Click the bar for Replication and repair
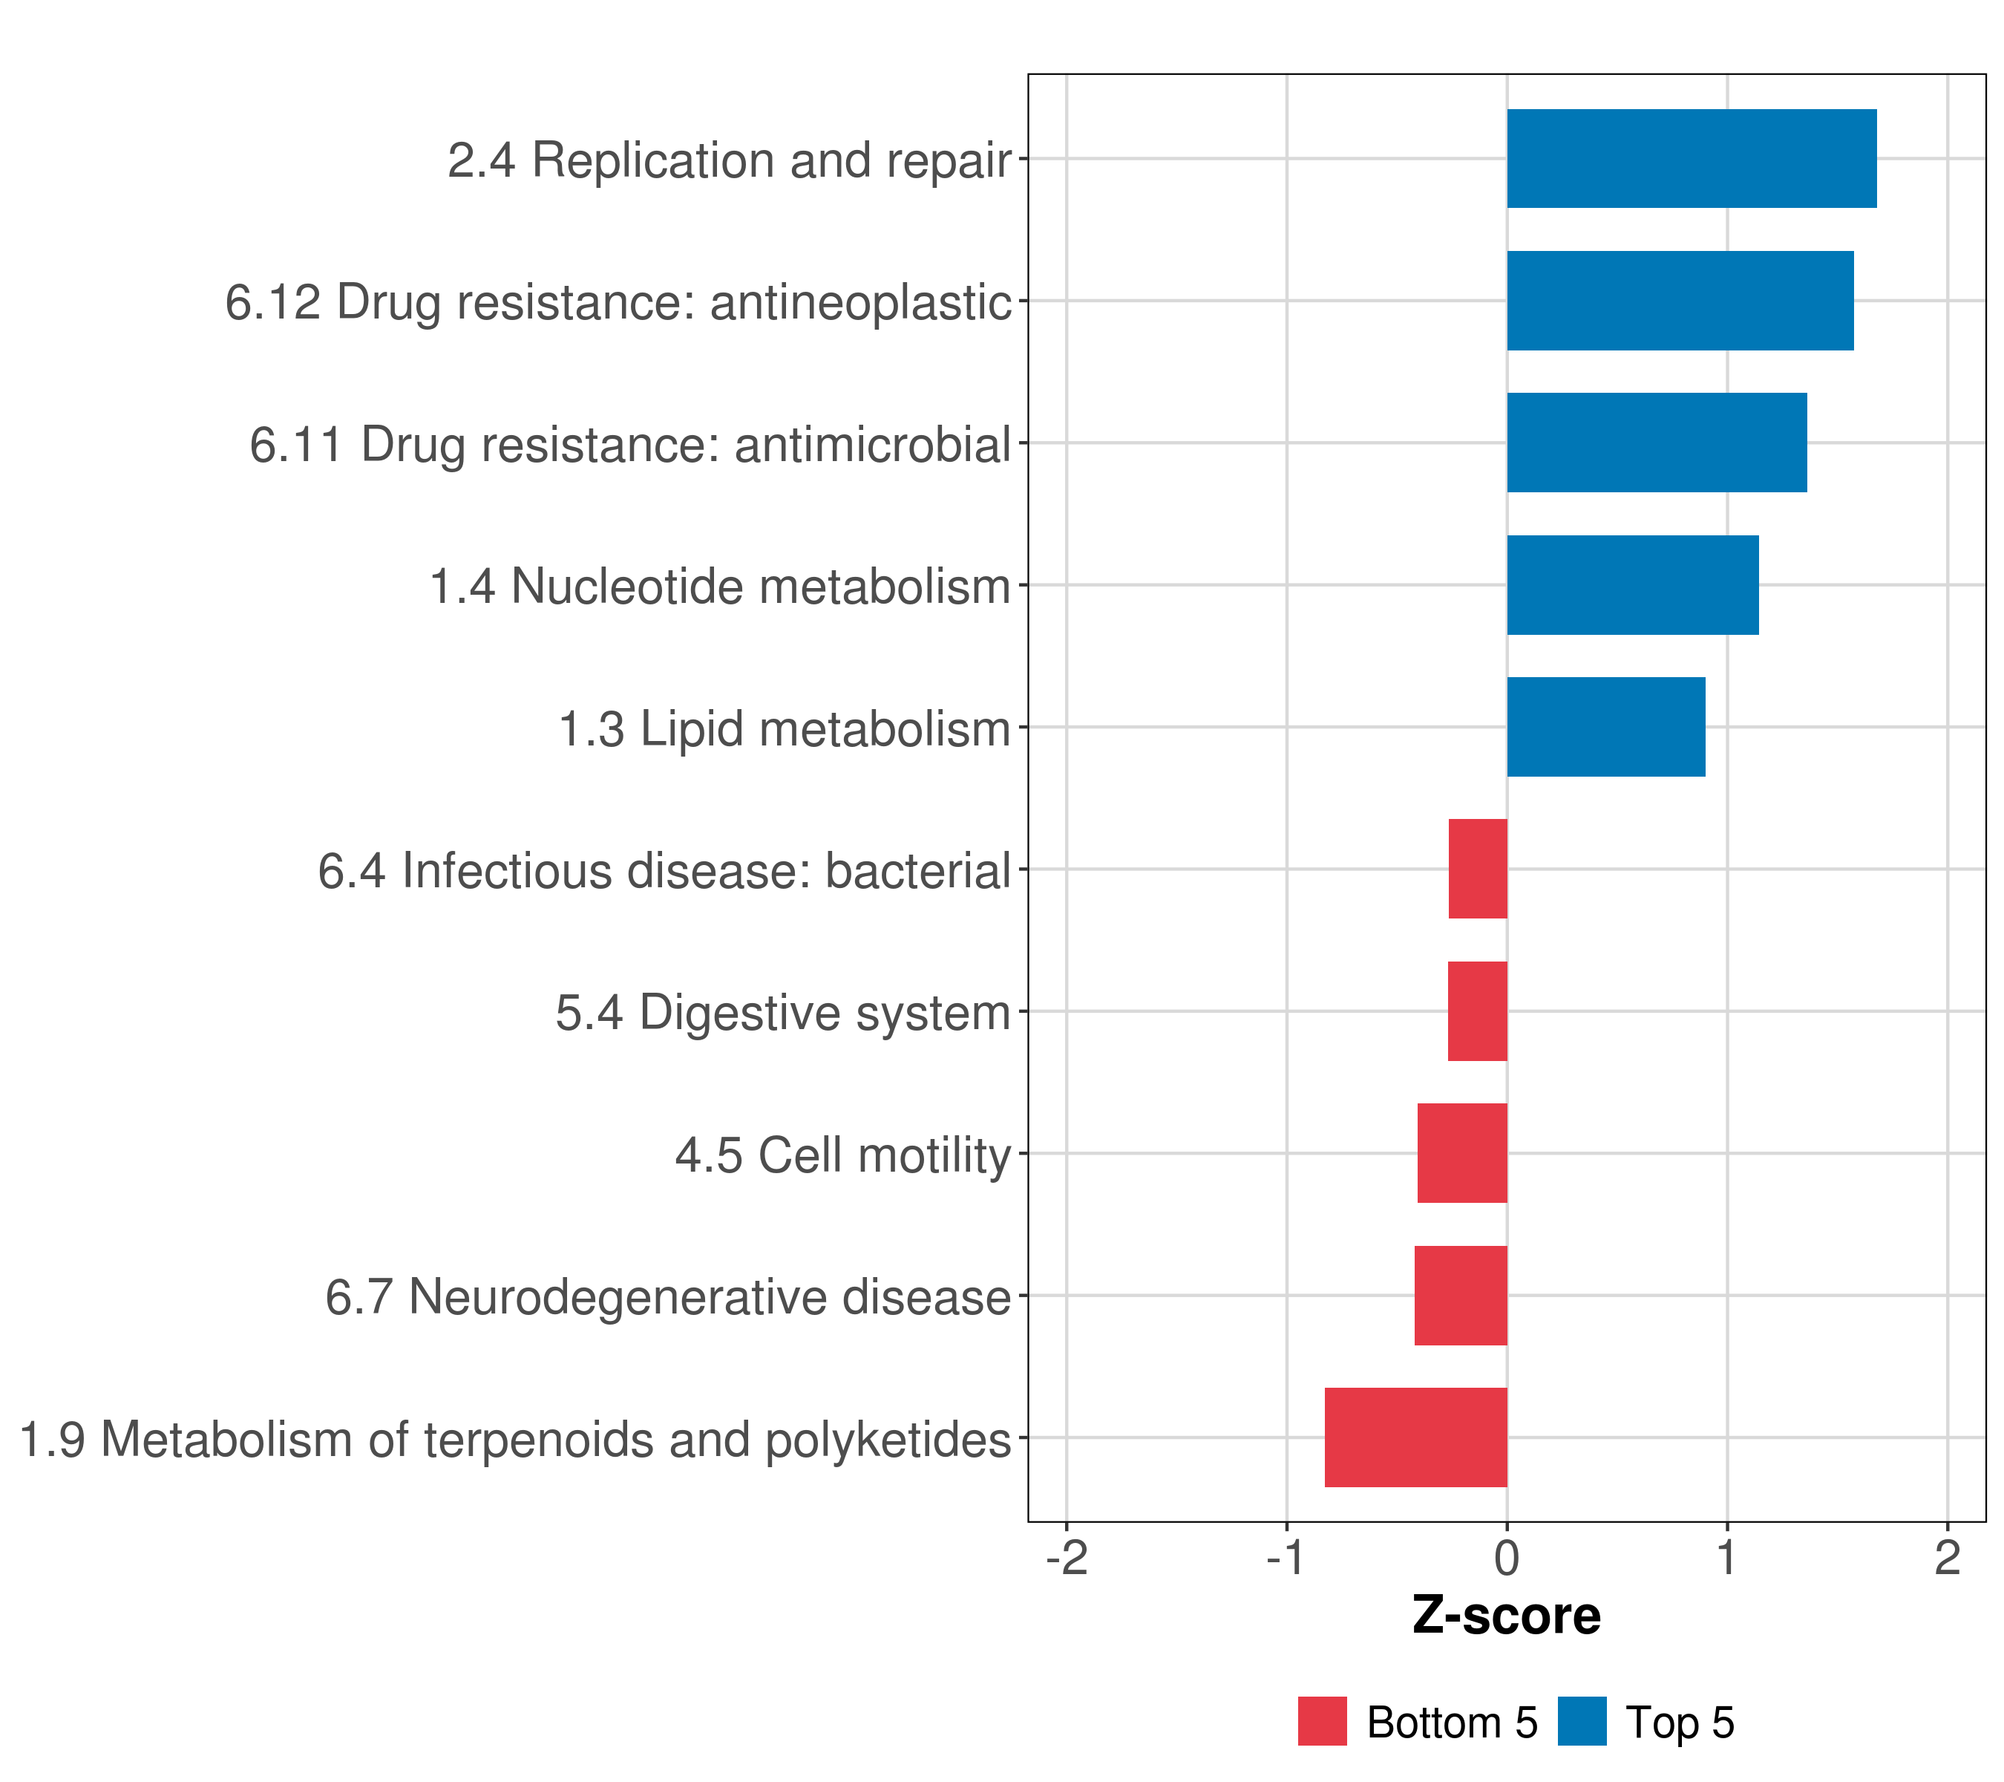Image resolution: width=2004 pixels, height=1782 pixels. tap(1692, 159)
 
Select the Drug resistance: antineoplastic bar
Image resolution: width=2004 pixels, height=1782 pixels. tap(1680, 301)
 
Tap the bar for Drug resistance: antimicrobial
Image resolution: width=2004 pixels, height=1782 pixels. tap(1656, 443)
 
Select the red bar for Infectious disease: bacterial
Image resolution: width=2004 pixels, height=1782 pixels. tap(1478, 869)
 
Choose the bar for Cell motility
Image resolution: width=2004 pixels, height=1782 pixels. tap(1462, 1153)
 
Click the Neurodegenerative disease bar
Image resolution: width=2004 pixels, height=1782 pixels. tap(1460, 1296)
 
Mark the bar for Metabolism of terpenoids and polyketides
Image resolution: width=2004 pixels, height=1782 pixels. tap(1415, 1437)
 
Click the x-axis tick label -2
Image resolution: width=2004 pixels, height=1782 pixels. tap(1067, 1559)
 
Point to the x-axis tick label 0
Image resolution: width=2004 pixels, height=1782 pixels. tap(1507, 1559)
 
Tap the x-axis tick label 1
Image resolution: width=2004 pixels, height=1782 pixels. tap(1726, 1559)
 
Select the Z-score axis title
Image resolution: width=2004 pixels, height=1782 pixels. tap(1507, 1617)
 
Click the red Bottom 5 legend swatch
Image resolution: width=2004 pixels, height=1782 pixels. tap(1322, 1722)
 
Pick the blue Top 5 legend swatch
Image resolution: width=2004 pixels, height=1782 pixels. tap(1582, 1722)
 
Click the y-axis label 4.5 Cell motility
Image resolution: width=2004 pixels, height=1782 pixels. tap(843, 1155)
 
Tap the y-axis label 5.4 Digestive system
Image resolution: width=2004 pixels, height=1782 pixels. tap(782, 1013)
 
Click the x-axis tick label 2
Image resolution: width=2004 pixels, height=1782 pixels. tap(1947, 1559)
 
